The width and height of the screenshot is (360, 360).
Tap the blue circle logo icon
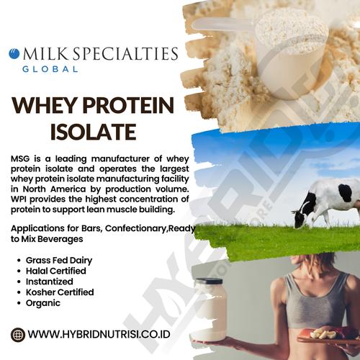click(14, 53)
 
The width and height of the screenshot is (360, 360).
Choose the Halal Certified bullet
click(57, 271)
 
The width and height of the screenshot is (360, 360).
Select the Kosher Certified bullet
click(60, 292)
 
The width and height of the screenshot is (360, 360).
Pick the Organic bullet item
click(44, 303)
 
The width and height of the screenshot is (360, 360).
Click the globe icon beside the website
click(18, 334)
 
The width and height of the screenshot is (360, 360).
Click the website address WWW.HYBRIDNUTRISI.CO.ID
click(102, 334)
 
